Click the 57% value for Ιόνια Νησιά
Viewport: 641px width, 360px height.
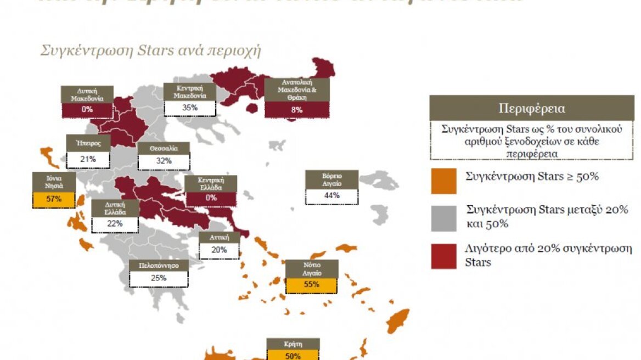(54, 199)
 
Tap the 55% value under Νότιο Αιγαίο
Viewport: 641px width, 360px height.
(312, 284)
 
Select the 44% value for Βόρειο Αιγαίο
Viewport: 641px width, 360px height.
(331, 195)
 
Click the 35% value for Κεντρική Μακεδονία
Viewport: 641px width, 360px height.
(190, 108)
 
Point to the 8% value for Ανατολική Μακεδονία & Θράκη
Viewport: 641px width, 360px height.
(296, 109)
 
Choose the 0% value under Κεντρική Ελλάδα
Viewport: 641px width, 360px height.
(211, 198)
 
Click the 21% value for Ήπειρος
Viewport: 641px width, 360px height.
(88, 159)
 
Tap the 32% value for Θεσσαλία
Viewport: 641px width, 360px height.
(164, 161)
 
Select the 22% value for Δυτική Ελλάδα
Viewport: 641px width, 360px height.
(115, 224)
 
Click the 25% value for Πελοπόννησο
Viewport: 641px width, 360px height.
(158, 278)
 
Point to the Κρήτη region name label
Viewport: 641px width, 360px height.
(293, 344)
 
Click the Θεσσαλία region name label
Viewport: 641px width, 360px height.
(164, 148)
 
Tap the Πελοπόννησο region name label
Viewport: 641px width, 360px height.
(158, 266)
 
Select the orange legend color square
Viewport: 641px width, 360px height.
(443, 181)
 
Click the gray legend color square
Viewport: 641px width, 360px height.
(443, 218)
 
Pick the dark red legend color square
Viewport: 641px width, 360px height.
(443, 256)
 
